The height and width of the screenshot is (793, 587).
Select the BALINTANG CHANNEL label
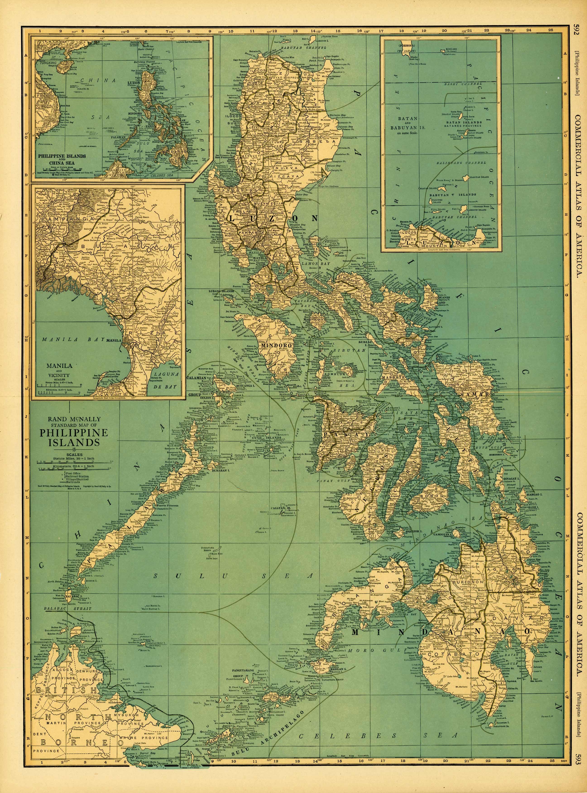[x=461, y=163]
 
